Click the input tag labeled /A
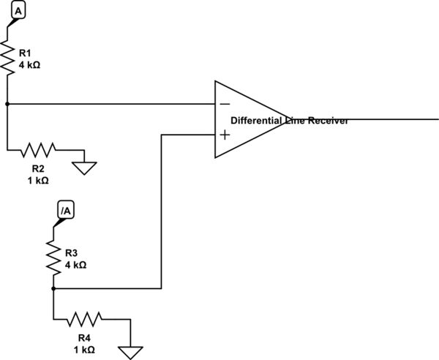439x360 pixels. click(65, 211)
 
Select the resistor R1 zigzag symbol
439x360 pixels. click(7, 58)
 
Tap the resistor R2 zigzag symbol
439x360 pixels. click(39, 151)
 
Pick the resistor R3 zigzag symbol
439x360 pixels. click(53, 258)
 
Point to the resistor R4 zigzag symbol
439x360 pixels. click(85, 319)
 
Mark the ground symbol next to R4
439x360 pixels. click(132, 350)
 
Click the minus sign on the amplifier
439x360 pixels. click(224, 104)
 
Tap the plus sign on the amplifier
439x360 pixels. click(224, 135)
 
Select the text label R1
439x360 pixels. click(26, 53)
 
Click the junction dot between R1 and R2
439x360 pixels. click(7, 104)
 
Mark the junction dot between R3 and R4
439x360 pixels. click(53, 288)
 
